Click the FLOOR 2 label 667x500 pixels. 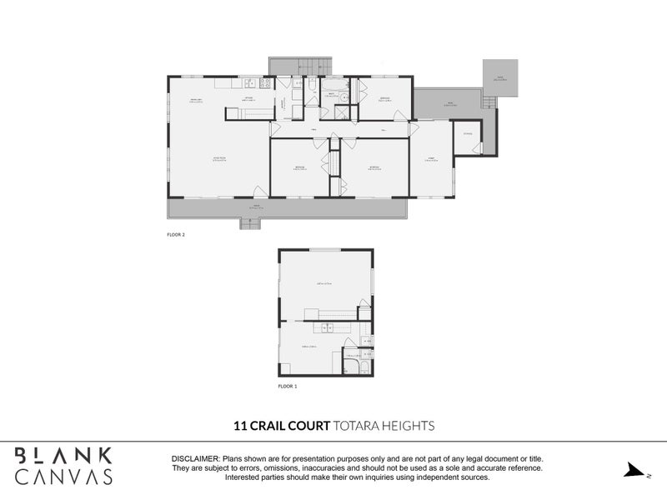(176, 235)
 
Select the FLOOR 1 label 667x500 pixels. (288, 387)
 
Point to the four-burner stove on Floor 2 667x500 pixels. (264, 83)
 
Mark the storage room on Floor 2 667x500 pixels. (465, 138)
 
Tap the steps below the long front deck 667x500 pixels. (251, 223)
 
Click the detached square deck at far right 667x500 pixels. (500, 77)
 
